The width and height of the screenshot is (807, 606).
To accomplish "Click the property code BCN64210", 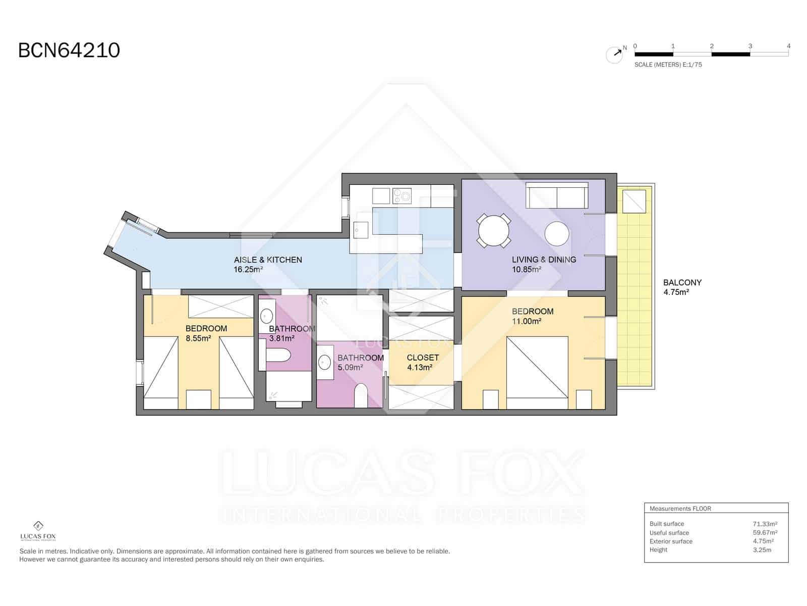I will [69, 50].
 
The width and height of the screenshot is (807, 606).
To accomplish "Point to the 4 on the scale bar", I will [788, 46].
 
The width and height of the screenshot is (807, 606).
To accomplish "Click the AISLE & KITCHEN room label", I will [268, 260].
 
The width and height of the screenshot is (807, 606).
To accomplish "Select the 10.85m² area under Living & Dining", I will [527, 270].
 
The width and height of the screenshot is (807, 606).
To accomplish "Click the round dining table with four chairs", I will [494, 231].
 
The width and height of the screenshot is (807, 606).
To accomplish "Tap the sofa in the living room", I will [557, 196].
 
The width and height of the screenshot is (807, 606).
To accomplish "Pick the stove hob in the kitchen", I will [402, 196].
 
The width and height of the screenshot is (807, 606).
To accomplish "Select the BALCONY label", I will [682, 283].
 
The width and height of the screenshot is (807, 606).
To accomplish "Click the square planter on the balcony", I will [634, 201].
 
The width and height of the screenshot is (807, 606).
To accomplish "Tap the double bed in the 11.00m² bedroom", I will [537, 369].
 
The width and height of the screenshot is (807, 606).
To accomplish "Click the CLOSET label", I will [423, 358].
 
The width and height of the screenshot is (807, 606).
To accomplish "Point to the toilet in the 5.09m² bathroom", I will [361, 395].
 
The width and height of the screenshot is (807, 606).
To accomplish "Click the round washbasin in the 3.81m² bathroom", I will [266, 316].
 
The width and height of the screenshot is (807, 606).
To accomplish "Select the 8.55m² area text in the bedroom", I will [198, 338].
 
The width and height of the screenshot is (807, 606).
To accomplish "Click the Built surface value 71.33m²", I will [765, 524].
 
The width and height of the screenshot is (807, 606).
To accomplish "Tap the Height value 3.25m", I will [762, 549].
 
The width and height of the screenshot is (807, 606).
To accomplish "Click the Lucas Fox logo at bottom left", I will [38, 531].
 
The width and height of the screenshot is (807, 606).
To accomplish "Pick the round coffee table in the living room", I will [557, 234].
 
